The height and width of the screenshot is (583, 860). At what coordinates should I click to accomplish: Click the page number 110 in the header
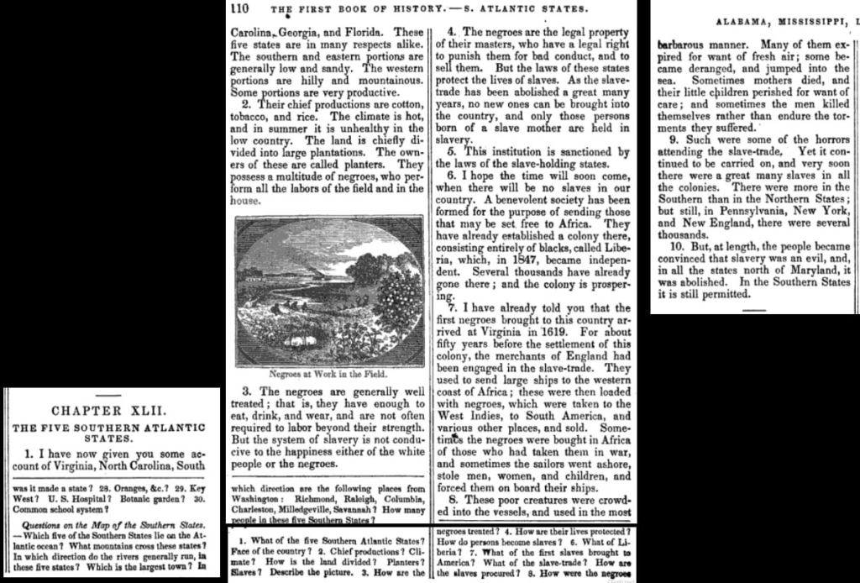[239, 9]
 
